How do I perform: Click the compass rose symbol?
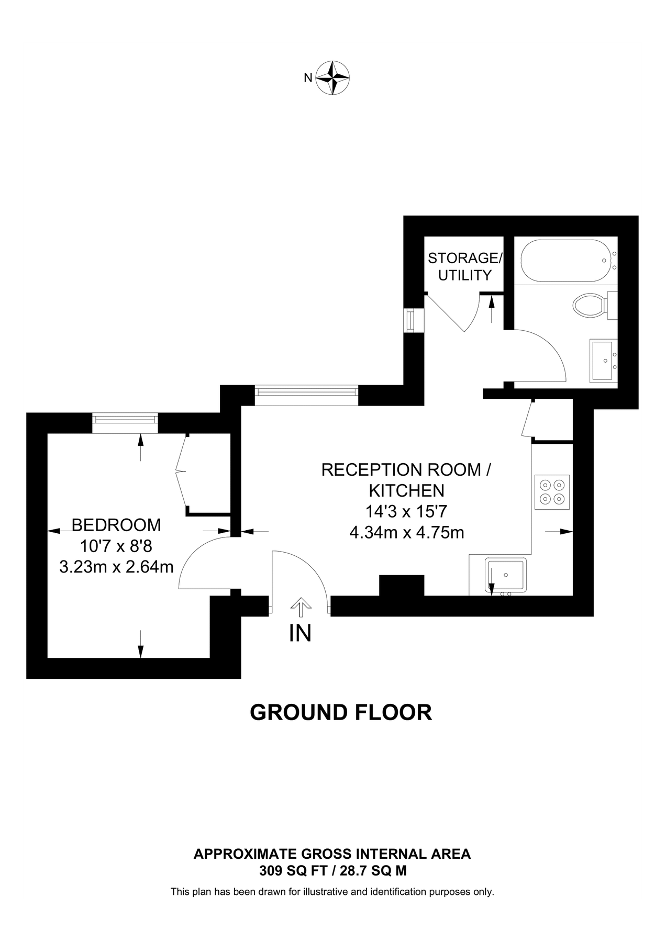pos(334,78)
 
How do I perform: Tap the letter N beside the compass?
pos(308,78)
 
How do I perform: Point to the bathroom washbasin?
pos(604,360)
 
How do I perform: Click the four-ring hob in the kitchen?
pos(552,492)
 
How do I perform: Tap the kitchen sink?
pos(506,575)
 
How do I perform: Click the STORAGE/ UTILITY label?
pos(464,266)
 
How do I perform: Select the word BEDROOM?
pos(116,524)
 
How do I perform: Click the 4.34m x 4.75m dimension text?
pos(407,533)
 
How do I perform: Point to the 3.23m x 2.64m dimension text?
pos(116,567)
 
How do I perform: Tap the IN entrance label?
pos(300,633)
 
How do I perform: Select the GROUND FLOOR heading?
pos(341,713)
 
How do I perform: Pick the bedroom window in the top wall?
pos(125,423)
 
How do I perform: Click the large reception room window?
pos(306,395)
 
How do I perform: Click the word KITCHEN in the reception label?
pos(407,490)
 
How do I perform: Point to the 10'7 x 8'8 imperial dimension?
pos(116,546)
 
